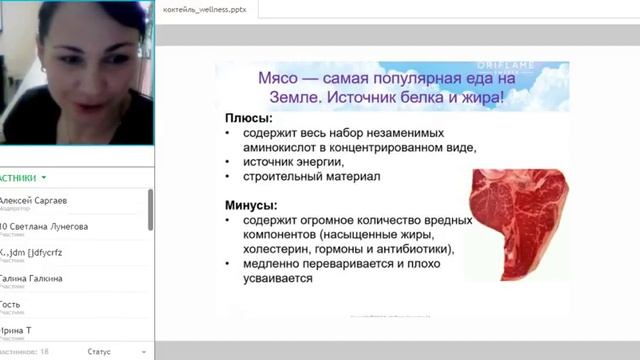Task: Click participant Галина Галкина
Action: [x=34, y=278]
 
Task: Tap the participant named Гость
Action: [x=12, y=304]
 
